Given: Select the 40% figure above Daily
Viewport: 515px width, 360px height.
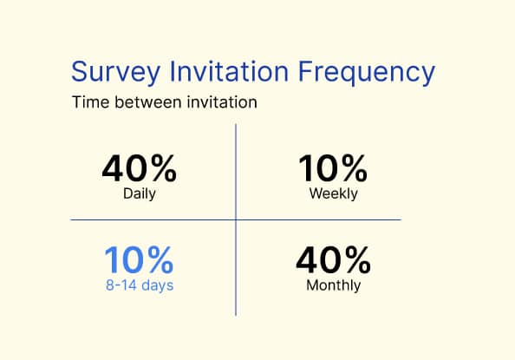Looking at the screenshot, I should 139,167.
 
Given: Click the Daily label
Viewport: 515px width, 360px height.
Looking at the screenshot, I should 139,193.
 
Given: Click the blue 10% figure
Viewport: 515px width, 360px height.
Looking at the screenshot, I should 139,260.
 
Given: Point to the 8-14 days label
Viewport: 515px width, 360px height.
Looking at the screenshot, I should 139,285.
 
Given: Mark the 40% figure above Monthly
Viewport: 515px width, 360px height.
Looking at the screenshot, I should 334,260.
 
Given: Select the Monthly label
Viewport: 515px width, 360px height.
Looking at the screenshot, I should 334,285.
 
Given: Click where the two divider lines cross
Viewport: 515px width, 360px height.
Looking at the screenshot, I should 236,220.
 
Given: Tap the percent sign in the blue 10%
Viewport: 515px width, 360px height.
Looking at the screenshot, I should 159,260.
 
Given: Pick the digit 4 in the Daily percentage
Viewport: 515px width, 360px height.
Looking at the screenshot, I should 114,167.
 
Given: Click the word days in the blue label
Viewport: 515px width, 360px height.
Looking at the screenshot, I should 157,285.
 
